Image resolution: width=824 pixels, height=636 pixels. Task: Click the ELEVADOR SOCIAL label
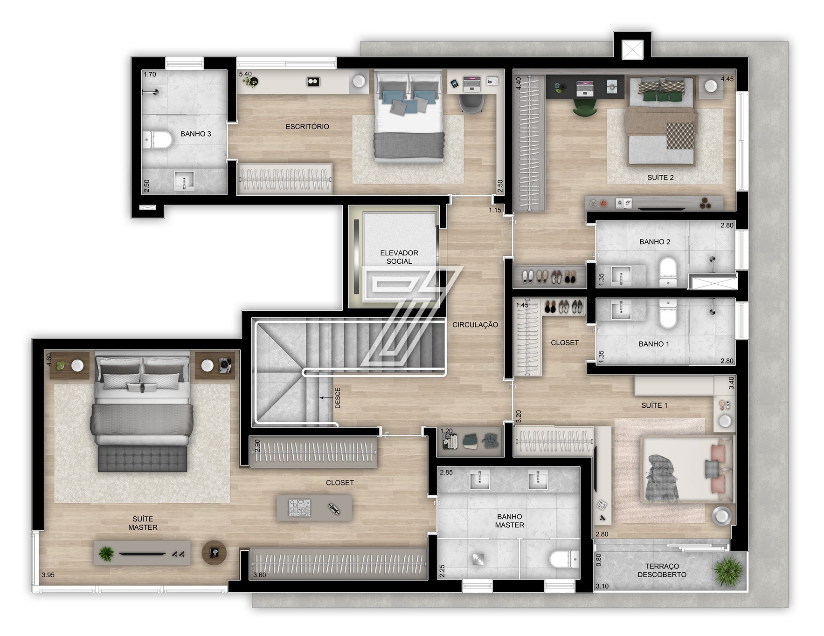coord(399,257)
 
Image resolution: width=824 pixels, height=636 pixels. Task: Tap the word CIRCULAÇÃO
coord(475,325)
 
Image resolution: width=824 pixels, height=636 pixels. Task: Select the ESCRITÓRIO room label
coord(307,126)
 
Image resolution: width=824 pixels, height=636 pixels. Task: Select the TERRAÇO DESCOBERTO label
coord(662,570)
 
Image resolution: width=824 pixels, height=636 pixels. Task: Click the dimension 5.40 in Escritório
coord(245,74)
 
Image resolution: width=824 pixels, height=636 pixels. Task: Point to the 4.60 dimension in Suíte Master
coord(48,359)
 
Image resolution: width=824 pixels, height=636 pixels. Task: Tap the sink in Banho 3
coord(184,180)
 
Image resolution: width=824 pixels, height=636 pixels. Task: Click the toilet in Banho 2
coord(668,272)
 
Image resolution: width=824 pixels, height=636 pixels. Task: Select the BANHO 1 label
coord(654,344)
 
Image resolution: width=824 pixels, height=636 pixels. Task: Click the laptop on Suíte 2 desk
coord(586,88)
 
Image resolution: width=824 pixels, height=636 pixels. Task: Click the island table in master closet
coord(314,508)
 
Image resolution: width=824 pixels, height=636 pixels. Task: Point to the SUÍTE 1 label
coord(654,405)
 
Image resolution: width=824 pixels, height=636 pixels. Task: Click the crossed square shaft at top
coord(633,49)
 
